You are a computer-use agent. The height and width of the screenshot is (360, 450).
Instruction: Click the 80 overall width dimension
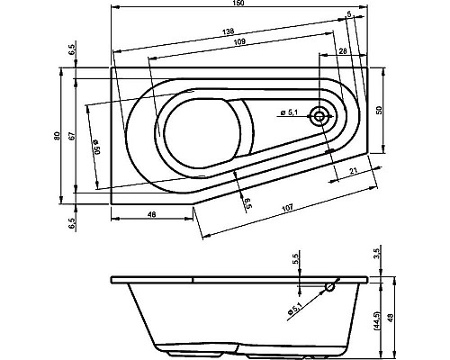click(x=56, y=135)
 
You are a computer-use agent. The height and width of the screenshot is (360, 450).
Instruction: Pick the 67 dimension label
click(x=70, y=135)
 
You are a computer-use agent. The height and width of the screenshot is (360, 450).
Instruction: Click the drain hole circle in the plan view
click(x=319, y=115)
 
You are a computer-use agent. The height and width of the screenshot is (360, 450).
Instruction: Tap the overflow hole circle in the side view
click(x=329, y=289)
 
